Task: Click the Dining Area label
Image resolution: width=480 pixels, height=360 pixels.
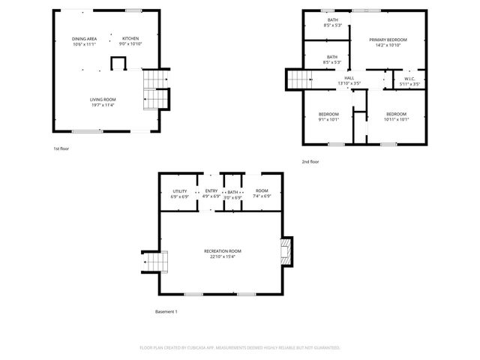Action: (x=84, y=39)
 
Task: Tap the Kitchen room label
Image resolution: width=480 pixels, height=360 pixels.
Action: (x=131, y=39)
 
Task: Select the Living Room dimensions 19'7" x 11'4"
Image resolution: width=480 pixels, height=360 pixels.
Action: (x=103, y=104)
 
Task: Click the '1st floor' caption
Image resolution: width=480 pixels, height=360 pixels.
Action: (x=61, y=148)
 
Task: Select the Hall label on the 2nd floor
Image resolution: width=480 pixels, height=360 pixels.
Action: (x=349, y=78)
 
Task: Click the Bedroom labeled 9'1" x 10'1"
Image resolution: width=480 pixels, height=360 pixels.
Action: (x=328, y=118)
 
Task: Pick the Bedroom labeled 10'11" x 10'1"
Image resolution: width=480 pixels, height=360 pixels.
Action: (x=396, y=118)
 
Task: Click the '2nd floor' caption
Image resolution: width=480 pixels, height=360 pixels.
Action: (x=310, y=162)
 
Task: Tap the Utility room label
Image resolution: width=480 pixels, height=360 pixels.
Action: (x=179, y=191)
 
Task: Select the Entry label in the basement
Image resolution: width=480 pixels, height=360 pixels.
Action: (x=211, y=191)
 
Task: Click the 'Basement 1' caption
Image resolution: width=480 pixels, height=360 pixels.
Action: (x=166, y=311)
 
